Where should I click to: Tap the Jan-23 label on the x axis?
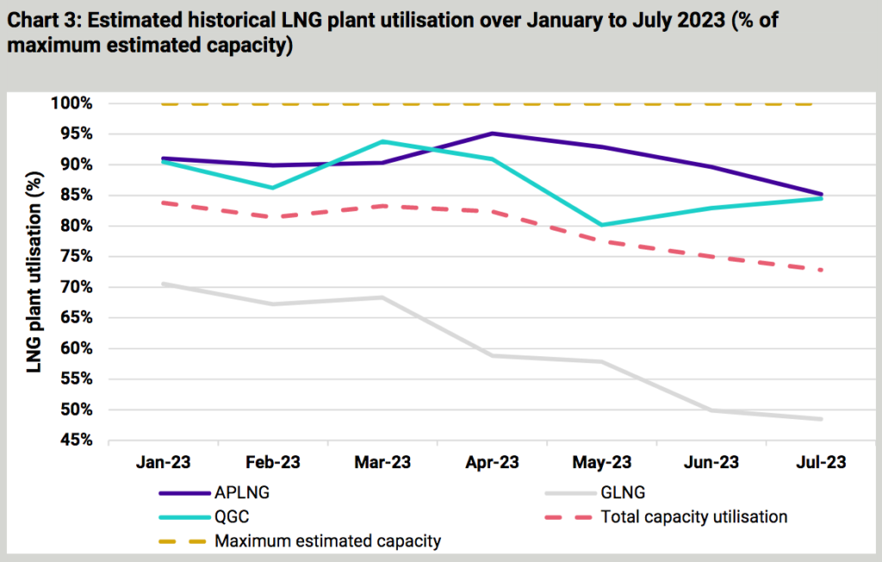click(x=163, y=462)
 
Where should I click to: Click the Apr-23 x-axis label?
click(x=492, y=462)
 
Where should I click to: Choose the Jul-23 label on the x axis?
click(x=820, y=462)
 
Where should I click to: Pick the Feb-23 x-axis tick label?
click(x=272, y=462)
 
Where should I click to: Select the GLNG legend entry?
click(x=623, y=494)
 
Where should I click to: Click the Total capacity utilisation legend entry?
click(x=693, y=517)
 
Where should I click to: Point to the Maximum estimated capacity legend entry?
click(x=327, y=541)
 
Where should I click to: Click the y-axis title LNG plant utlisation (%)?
click(x=34, y=271)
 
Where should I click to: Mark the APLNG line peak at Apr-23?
click(x=492, y=133)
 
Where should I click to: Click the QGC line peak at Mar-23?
click(x=382, y=141)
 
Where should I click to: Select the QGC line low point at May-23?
click(x=601, y=225)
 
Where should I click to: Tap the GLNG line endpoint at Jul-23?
click(x=820, y=419)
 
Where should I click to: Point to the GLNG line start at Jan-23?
click(x=163, y=283)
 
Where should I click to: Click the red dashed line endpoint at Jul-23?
click(x=820, y=270)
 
